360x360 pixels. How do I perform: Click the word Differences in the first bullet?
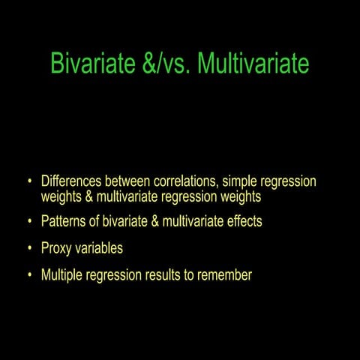73,181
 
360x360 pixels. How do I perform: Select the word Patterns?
65,222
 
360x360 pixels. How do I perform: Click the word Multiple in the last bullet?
64,275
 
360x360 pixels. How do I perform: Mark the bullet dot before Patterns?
29,222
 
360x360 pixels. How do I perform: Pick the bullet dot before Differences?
29,181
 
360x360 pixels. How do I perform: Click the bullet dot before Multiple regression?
29,275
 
